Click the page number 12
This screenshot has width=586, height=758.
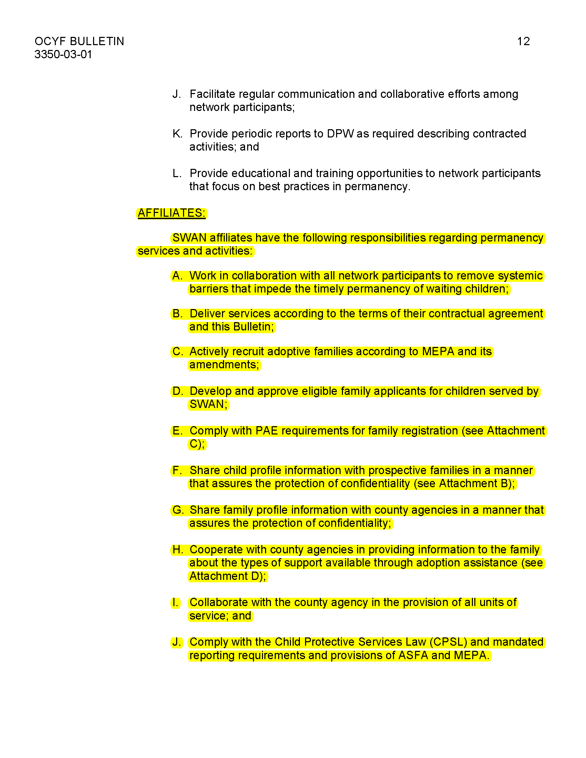click(x=523, y=41)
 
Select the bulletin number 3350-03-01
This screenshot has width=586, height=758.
click(x=63, y=54)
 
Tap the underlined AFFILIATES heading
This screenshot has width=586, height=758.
click(x=171, y=213)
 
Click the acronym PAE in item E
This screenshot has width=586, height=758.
click(x=266, y=431)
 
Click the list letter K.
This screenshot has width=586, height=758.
click(x=177, y=134)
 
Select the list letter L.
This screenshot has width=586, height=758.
click(x=176, y=173)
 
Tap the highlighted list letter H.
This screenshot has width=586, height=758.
click(x=177, y=550)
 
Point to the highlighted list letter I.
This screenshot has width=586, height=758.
click(x=175, y=603)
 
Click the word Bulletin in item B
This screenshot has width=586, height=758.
click(x=253, y=327)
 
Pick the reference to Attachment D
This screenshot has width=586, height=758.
click(x=228, y=576)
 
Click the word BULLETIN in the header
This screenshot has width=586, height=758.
click(x=97, y=41)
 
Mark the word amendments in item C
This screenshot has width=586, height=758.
click(x=224, y=365)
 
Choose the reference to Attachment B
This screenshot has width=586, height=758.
click(x=476, y=483)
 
